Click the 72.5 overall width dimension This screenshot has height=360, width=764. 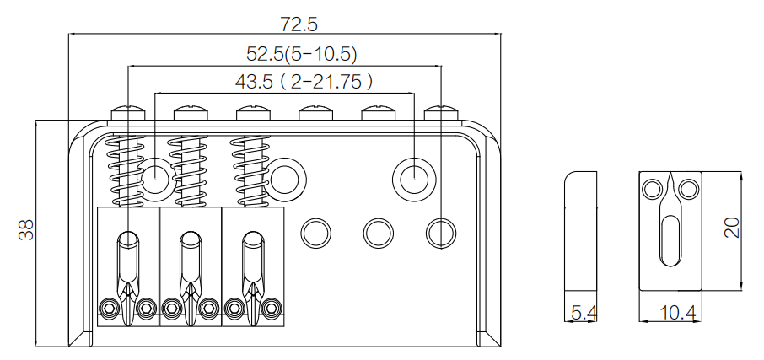[299, 24]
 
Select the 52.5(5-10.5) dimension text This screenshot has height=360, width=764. [302, 54]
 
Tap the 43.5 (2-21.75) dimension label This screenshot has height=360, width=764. [304, 81]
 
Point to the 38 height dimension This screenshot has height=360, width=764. [26, 230]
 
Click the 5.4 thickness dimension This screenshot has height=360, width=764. [584, 313]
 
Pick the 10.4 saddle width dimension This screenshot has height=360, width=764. [677, 313]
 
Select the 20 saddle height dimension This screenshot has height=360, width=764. [732, 227]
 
